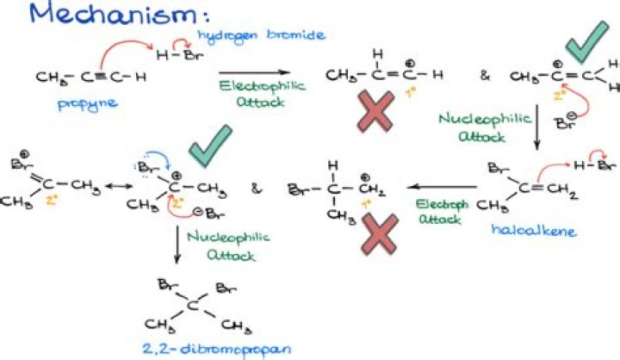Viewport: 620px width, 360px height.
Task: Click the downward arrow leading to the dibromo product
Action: [177, 241]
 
